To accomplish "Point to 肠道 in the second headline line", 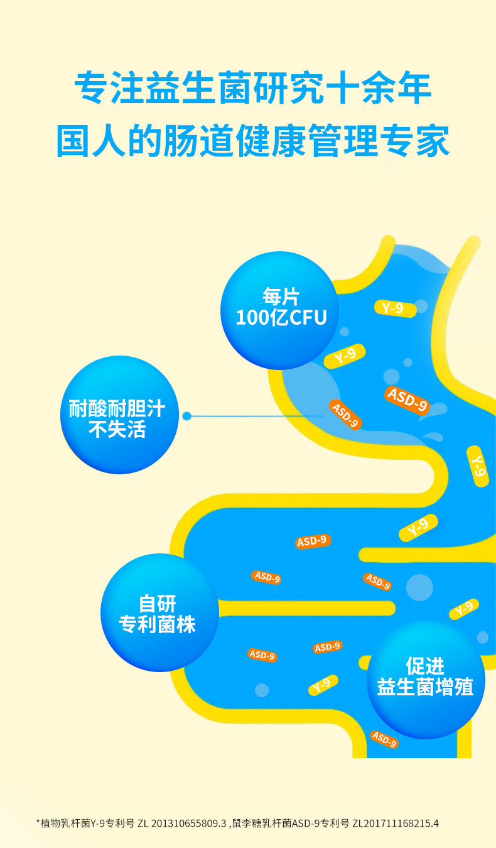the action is [x=198, y=142].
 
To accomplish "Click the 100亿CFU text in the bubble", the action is [x=281, y=317].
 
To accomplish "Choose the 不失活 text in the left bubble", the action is [x=117, y=430].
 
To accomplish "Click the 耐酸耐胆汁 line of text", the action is [x=117, y=410].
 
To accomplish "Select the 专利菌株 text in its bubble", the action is [x=158, y=625].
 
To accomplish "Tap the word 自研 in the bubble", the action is [x=158, y=604].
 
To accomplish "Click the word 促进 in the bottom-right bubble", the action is [x=425, y=666].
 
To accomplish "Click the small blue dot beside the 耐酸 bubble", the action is [x=186, y=416].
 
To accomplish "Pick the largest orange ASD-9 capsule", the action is [x=407, y=400].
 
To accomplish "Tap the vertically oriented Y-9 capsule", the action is [x=478, y=465].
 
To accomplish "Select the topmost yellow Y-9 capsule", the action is [x=397, y=308].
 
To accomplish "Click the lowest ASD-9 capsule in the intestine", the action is [x=384, y=739].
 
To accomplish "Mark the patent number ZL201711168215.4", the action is [x=395, y=823].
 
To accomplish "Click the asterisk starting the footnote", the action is [x=38, y=822].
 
